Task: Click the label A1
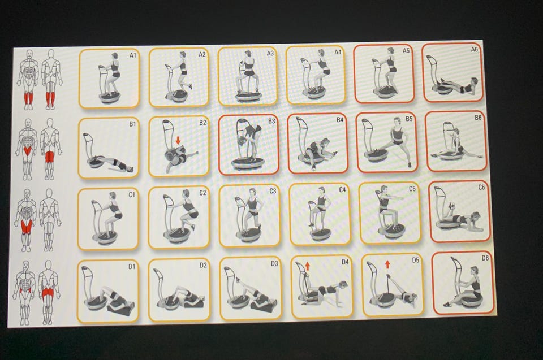[132, 55]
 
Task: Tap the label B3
[271, 121]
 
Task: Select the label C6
[481, 187]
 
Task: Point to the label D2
[203, 265]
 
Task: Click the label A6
[475, 50]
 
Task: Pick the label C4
[342, 190]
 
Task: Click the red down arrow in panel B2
[178, 140]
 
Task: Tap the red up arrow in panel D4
[307, 266]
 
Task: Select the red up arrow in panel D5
[387, 264]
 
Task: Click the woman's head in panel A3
[248, 54]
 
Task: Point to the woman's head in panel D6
[475, 270]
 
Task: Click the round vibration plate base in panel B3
[248, 163]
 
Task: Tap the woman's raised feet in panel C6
[451, 205]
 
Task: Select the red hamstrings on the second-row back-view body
[50, 157]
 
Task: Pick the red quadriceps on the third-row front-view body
[27, 227]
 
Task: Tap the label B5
[409, 119]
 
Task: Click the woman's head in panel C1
[112, 196]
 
